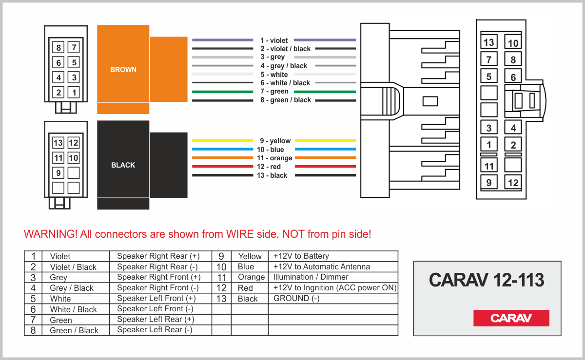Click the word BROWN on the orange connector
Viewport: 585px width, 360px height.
click(x=123, y=70)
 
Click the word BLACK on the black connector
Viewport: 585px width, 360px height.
click(x=123, y=165)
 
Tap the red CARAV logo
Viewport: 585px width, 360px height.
click(x=511, y=318)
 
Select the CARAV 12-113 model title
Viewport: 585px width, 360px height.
click(x=487, y=280)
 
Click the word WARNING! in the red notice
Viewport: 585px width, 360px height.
click(x=51, y=234)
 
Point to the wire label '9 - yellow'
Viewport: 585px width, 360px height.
click(x=275, y=141)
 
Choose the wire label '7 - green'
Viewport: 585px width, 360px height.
click(x=274, y=92)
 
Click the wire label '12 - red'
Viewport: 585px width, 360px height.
click(x=269, y=167)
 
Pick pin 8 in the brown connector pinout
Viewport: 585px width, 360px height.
click(x=58, y=48)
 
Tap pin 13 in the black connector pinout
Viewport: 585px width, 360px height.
click(x=58, y=143)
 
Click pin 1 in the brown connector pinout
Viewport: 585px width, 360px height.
click(x=74, y=93)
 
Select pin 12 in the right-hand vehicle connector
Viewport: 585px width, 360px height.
click(x=513, y=183)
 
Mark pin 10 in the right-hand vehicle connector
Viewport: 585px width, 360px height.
click(x=513, y=43)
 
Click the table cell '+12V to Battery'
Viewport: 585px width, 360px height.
click(x=301, y=256)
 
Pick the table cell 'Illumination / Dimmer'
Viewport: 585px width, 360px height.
click(x=311, y=277)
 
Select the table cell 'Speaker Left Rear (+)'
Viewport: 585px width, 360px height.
click(x=156, y=319)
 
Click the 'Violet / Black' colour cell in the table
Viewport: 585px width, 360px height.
click(x=73, y=267)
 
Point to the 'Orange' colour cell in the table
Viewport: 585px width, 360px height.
click(x=251, y=277)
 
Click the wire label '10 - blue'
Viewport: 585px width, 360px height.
click(x=270, y=150)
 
